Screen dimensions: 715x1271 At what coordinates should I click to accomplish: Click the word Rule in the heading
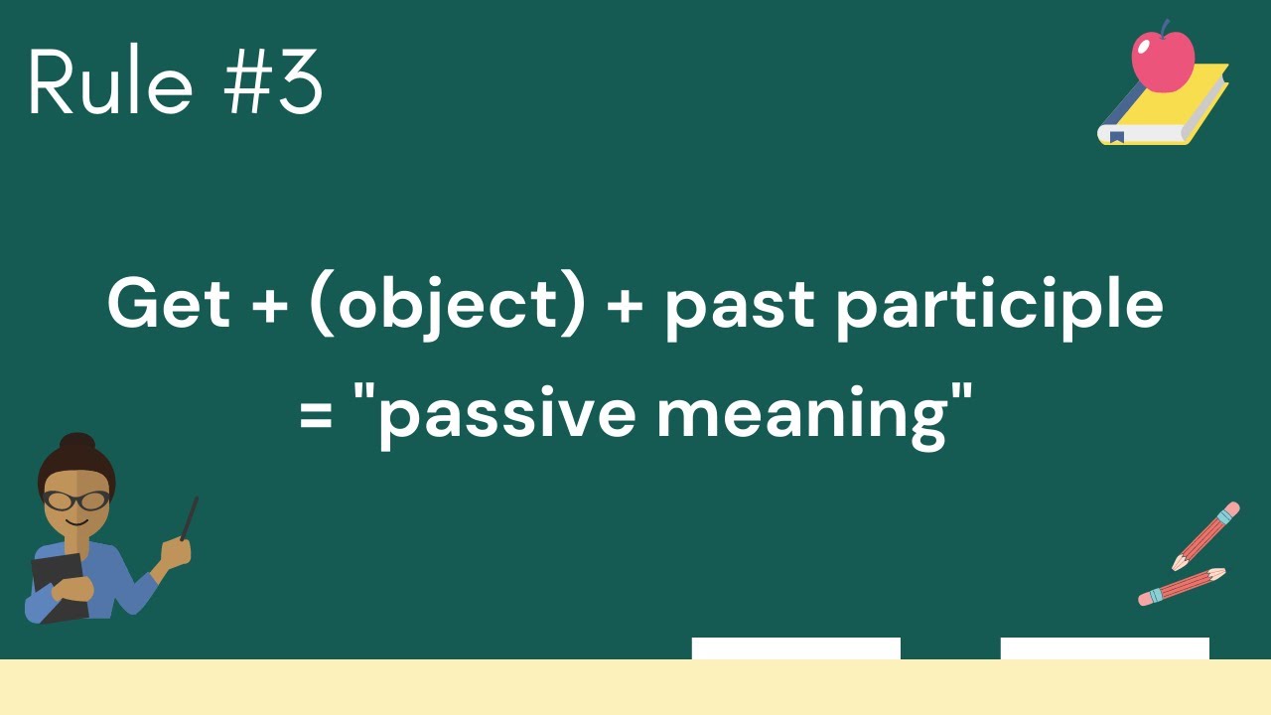point(109,84)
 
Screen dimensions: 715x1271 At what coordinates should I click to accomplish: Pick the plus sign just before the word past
point(624,306)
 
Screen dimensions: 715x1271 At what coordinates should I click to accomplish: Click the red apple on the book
point(1163,60)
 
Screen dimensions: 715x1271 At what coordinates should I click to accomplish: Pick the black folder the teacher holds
point(58,586)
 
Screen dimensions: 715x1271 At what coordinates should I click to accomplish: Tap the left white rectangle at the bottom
point(795,648)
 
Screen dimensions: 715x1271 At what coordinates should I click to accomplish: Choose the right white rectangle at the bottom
point(1104,648)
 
